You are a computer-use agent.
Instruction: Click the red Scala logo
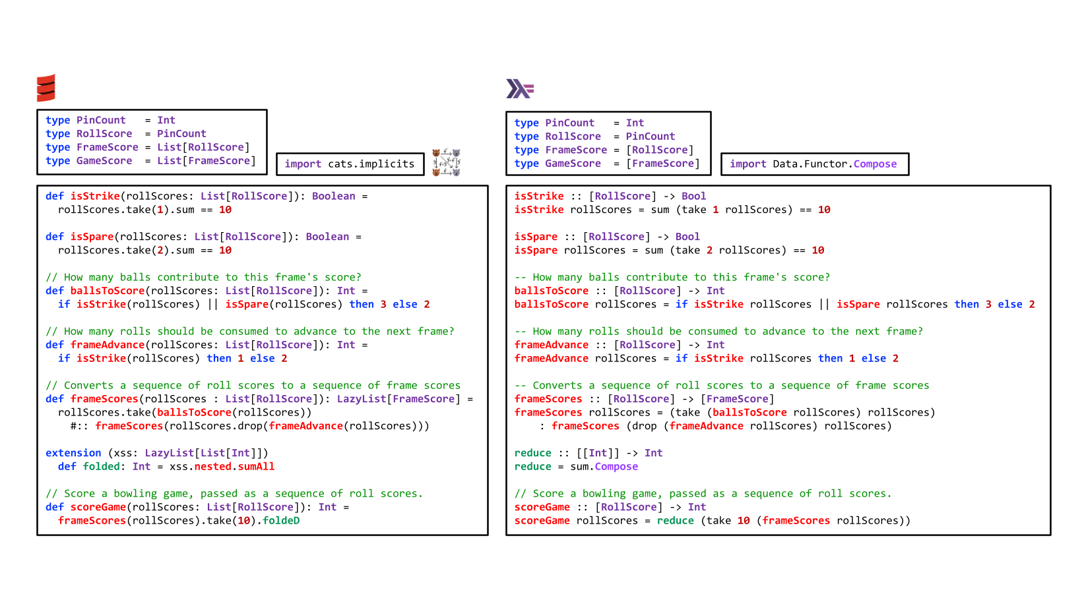[x=46, y=88]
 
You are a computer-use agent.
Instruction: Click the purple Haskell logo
[x=520, y=89]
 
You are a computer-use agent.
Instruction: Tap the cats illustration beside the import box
[x=446, y=162]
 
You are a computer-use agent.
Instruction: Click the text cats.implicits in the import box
[x=371, y=164]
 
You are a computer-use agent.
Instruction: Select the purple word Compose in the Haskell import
[x=875, y=164]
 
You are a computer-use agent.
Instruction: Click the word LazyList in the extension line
[x=169, y=453]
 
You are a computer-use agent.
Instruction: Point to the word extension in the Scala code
[x=73, y=453]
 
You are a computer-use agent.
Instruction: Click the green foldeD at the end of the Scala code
[x=281, y=520]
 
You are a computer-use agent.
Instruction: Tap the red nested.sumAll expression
[x=234, y=466]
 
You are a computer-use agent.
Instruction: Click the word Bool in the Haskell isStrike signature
[x=693, y=196]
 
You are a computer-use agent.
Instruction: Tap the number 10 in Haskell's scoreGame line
[x=744, y=520]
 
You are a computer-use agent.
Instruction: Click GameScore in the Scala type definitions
[x=104, y=161]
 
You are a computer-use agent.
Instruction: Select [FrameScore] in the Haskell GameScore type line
[x=662, y=164]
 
